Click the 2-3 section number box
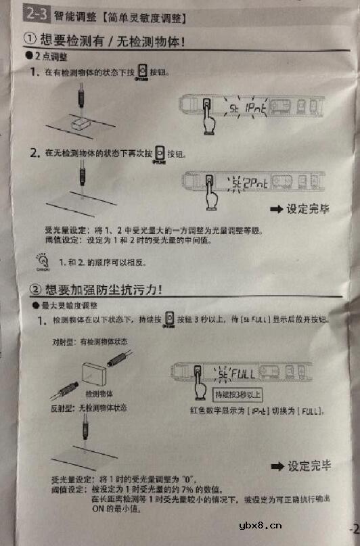click(35, 12)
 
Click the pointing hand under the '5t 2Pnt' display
click(211, 196)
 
